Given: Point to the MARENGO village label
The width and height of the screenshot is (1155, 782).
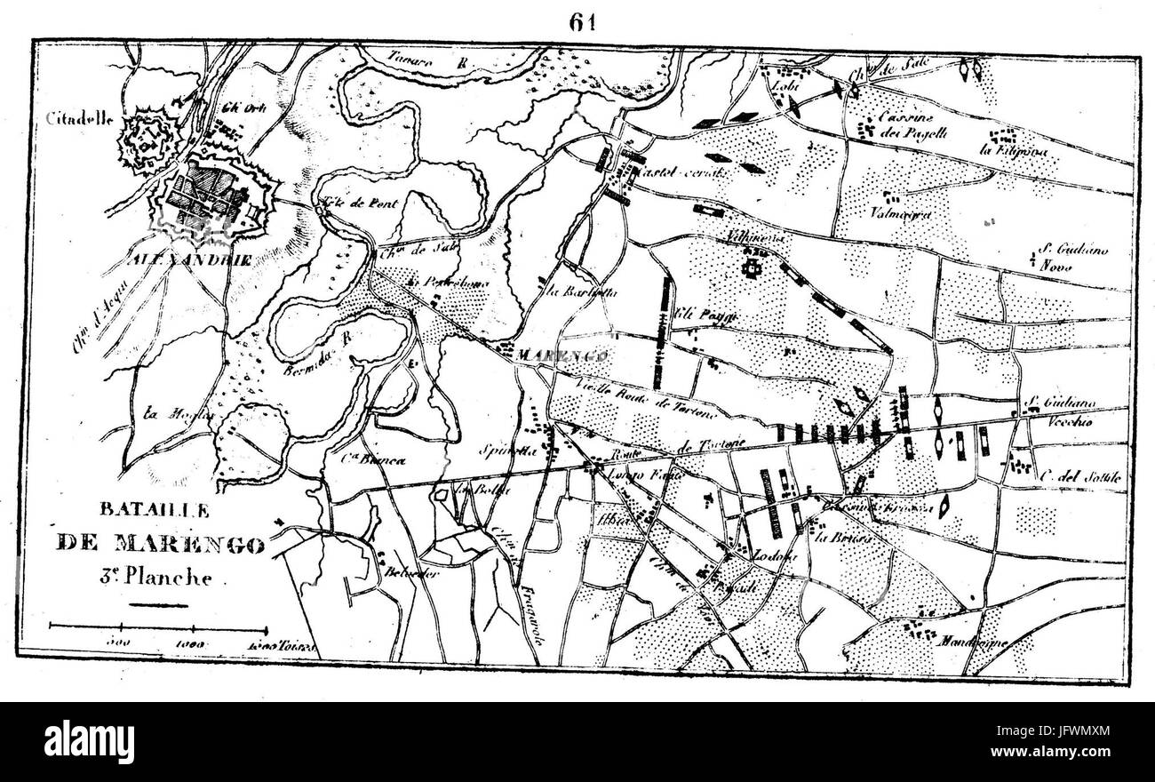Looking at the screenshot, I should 562,355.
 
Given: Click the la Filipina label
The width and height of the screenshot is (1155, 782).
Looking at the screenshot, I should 1014,151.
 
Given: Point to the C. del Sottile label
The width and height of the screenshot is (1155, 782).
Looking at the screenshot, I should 1079,476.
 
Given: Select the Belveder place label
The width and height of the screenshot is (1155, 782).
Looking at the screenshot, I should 410,573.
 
